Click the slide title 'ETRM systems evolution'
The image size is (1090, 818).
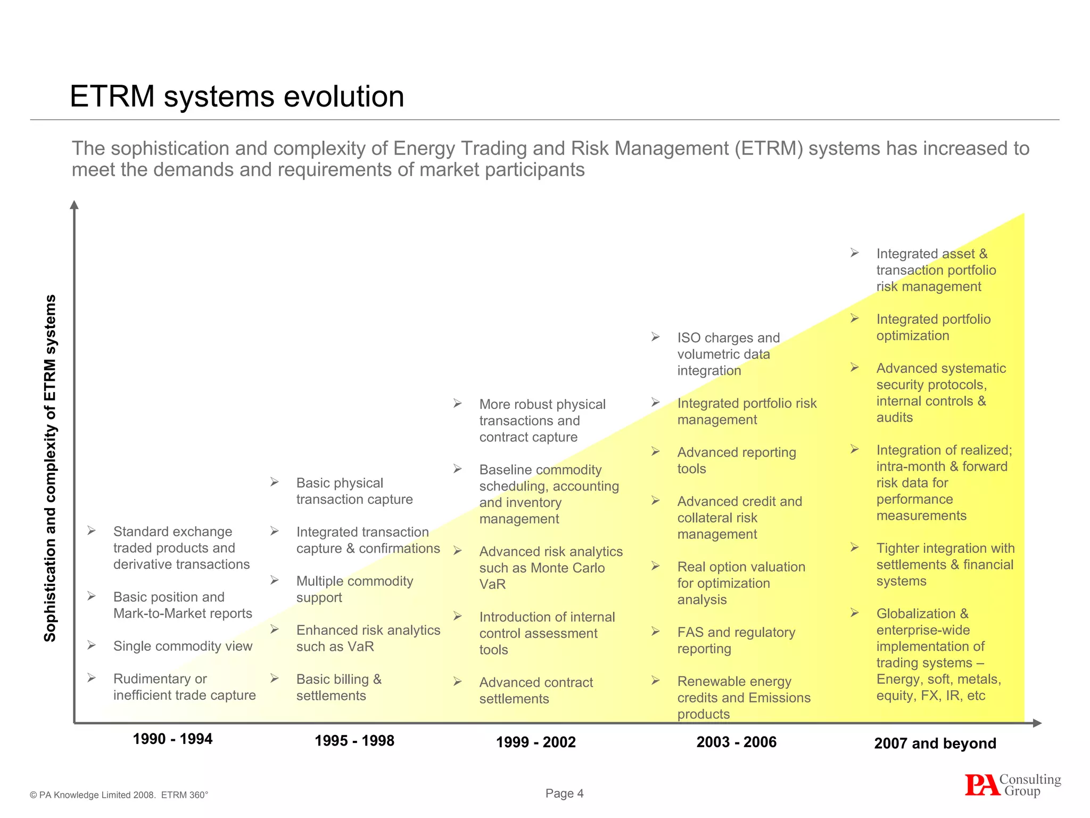(237, 97)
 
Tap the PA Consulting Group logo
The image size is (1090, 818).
(1012, 785)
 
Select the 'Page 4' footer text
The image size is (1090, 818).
(564, 794)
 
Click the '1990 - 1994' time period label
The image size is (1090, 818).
(172, 739)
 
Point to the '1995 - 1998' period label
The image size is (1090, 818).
(354, 741)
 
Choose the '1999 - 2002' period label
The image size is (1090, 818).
(536, 742)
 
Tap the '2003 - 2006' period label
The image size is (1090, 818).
(736, 742)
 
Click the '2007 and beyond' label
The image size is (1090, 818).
(935, 743)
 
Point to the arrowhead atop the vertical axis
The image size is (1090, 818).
(75, 205)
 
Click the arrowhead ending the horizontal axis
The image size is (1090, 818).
(1036, 723)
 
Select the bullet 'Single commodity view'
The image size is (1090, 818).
(183, 647)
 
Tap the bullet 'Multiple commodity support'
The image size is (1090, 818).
(354, 589)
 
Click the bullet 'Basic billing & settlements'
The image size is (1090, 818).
(338, 688)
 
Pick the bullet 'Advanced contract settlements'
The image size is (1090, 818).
(535, 691)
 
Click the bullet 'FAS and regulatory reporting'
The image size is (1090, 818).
(736, 641)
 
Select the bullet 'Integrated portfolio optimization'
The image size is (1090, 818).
(933, 328)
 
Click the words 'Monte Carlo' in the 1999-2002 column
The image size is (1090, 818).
(567, 568)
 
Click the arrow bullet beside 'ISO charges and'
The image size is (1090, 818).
(655, 337)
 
